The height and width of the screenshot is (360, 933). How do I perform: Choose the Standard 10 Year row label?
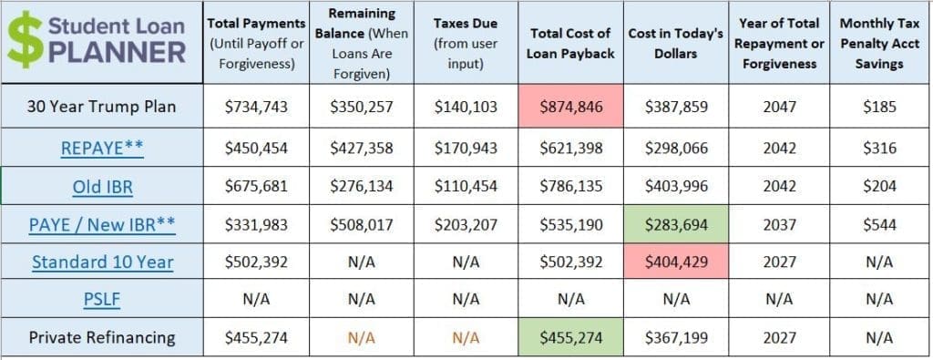tap(103, 262)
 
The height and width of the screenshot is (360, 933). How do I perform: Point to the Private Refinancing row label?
tap(102, 337)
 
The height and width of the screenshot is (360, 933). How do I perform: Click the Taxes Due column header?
tap(465, 42)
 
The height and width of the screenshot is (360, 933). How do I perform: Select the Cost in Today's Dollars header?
tap(676, 42)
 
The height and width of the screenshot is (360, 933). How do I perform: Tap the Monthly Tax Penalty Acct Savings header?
tap(880, 42)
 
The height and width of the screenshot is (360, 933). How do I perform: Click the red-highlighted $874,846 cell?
tap(570, 107)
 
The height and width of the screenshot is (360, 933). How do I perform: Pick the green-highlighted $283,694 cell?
tap(675, 224)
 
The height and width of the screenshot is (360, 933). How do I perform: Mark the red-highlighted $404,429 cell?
tap(675, 262)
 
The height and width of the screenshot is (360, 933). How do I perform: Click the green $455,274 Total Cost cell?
tap(570, 337)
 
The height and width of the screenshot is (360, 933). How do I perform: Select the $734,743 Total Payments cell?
tap(256, 107)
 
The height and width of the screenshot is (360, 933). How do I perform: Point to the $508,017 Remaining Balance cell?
tap(361, 224)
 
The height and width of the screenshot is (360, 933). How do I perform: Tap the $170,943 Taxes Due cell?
tap(466, 147)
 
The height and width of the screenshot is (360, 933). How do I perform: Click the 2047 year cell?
tap(780, 107)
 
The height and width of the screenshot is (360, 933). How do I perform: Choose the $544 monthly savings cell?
tap(880, 224)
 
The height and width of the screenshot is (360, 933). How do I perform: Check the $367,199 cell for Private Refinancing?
tap(675, 337)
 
